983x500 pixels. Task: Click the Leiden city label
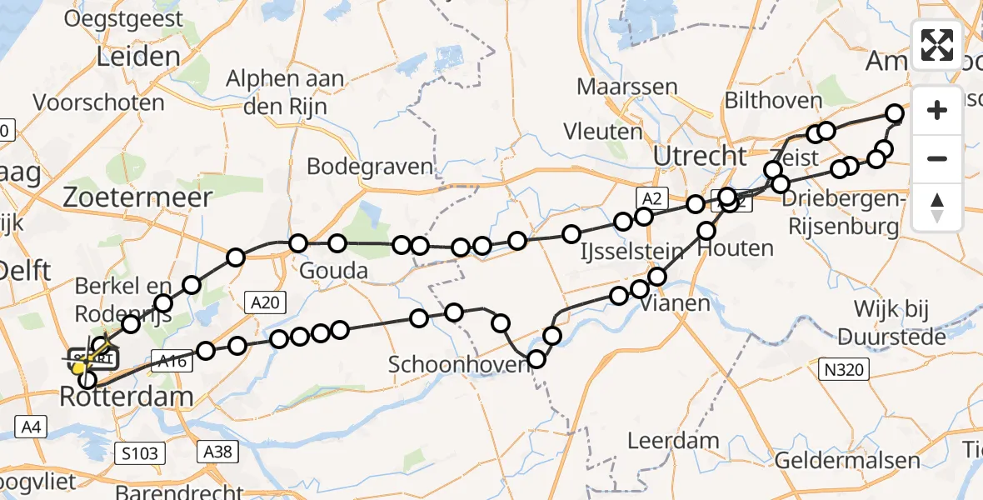point(138,57)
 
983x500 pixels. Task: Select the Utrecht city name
point(700,156)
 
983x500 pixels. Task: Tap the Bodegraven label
point(370,166)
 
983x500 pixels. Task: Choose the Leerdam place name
point(662,440)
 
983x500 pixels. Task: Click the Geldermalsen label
point(847,461)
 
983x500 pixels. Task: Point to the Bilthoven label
point(773,102)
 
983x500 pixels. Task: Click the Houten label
point(736,248)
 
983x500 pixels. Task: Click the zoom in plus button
point(937,110)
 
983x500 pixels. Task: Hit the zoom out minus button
point(937,158)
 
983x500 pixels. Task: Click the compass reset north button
point(937,207)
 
